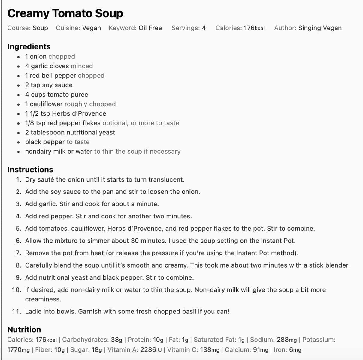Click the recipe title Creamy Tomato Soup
[65, 13]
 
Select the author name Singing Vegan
[320, 28]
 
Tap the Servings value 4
[204, 28]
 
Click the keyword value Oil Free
[150, 28]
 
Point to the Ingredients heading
[29, 46]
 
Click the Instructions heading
[30, 169]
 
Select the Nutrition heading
[24, 330]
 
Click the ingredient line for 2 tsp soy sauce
[49, 85]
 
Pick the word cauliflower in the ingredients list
[46, 104]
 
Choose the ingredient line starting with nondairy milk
[59, 151]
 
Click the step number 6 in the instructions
[18, 241]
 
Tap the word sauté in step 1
[46, 180]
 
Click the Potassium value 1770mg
[18, 350]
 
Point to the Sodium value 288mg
[286, 340]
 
